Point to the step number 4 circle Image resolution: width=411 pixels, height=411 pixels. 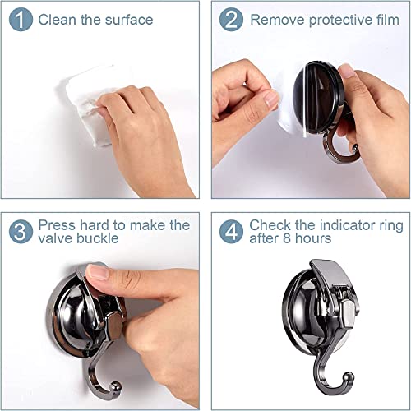pyautogui.click(x=232, y=231)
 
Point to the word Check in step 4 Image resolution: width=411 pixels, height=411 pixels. pyautogui.click(x=269, y=224)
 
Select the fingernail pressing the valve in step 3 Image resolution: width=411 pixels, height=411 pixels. pyautogui.click(x=98, y=271)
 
